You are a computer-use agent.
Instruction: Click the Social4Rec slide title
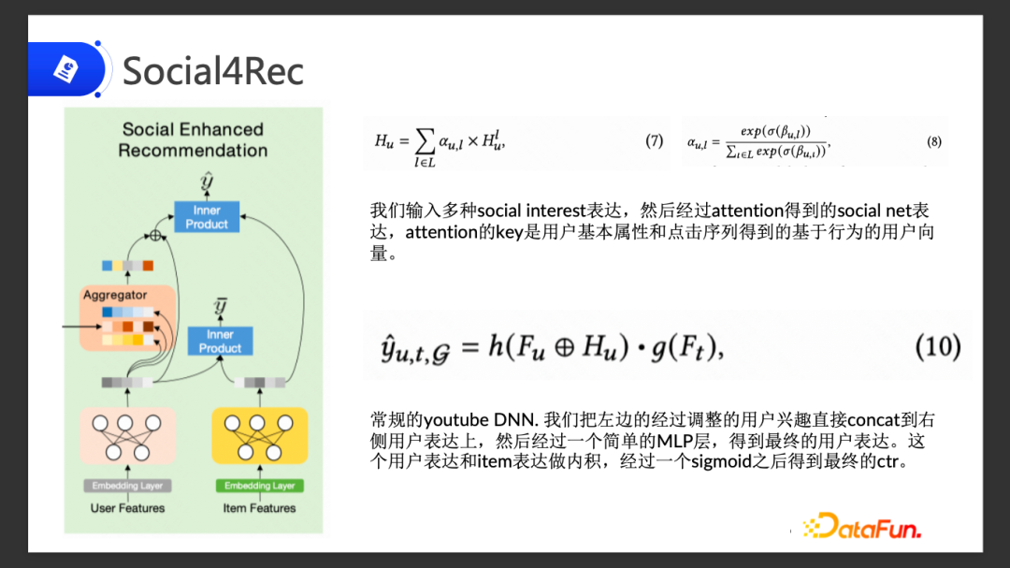coord(213,71)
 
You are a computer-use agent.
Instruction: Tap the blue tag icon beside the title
coord(65,69)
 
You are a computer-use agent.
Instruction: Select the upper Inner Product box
coord(207,217)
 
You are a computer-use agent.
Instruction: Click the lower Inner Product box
coord(220,341)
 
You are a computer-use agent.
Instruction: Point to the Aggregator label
coord(115,295)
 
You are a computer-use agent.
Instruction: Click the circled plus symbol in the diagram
coord(156,235)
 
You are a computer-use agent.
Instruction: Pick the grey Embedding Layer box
coord(127,486)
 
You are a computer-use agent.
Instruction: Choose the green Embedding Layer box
coord(259,486)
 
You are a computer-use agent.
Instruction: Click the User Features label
coord(127,508)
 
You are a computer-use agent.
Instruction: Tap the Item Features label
coord(259,508)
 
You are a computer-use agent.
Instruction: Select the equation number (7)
coord(654,141)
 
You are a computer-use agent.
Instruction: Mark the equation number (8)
coord(934,142)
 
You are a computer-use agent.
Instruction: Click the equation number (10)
coord(937,347)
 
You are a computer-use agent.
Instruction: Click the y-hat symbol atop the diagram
coord(207,181)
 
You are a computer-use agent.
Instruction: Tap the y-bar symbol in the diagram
coord(221,305)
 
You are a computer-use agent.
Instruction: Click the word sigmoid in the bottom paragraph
coord(721,461)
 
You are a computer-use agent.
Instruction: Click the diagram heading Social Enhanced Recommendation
coord(193,139)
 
